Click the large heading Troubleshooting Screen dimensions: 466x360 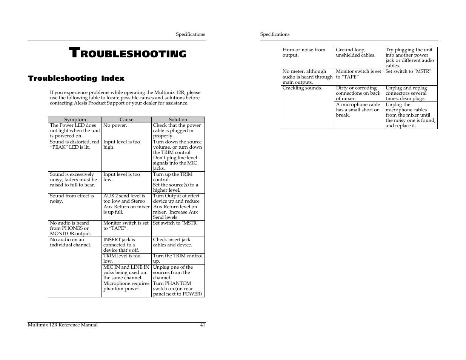click(128, 53)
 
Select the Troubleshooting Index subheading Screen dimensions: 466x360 click(76, 78)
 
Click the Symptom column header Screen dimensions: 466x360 click(75, 120)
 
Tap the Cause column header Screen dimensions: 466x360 click(126, 120)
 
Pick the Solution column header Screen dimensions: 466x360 click(178, 120)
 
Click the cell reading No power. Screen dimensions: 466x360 click(115, 126)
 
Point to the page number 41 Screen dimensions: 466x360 click(203, 325)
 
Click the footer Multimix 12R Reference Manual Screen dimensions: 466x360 click(63, 325)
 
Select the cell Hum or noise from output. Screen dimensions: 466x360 click(304, 52)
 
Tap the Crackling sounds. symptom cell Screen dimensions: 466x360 click(302, 88)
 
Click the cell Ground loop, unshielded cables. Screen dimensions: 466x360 click(355, 52)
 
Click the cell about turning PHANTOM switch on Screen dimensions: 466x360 click(177, 289)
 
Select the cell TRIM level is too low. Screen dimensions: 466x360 click(122, 258)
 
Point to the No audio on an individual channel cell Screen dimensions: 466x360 click(71, 242)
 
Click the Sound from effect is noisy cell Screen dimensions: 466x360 click(72, 198)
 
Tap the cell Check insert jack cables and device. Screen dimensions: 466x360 click(172, 242)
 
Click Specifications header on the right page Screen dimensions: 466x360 click(275, 34)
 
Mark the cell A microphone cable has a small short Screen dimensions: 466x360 click(358, 110)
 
